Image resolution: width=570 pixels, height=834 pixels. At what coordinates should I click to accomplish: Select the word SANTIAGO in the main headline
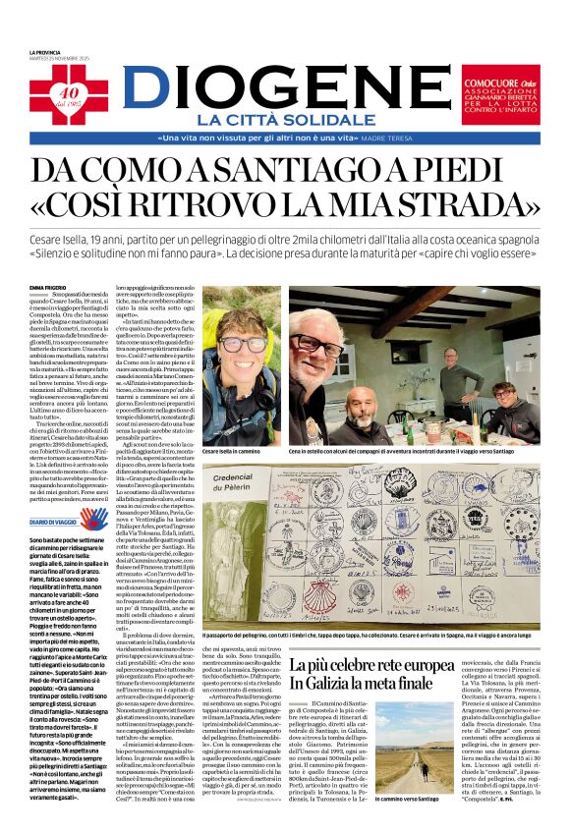(x=303, y=172)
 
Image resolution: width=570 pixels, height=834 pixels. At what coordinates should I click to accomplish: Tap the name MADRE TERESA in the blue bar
(x=414, y=139)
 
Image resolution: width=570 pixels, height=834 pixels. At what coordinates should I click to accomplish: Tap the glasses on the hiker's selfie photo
(x=242, y=345)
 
